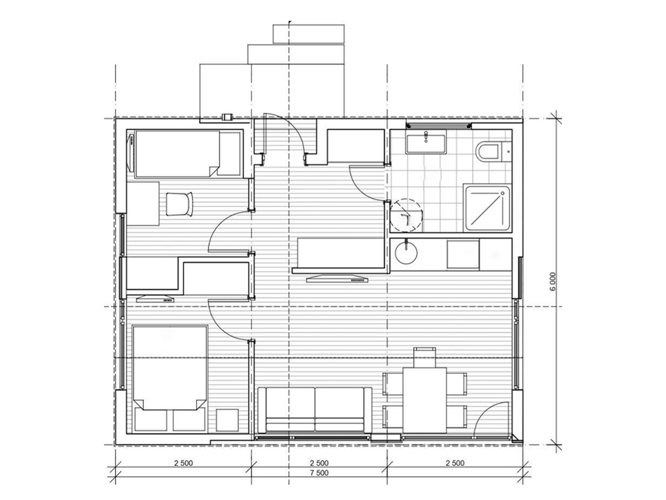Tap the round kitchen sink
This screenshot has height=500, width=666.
click(x=406, y=253)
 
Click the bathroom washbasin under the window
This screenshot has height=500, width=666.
click(x=426, y=142)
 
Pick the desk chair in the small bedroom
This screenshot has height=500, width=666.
click(x=179, y=204)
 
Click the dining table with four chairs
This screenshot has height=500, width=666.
click(x=424, y=400)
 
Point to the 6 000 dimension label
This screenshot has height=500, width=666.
click(x=553, y=281)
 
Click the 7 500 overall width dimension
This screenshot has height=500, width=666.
click(x=319, y=473)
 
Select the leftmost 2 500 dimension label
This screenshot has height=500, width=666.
click(x=183, y=463)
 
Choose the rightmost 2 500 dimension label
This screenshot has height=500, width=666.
click(x=455, y=463)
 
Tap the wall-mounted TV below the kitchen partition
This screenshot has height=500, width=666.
click(x=337, y=279)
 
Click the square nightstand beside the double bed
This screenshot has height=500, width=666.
click(x=227, y=420)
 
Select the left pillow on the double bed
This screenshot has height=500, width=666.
click(x=151, y=419)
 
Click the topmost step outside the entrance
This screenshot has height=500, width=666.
click(x=309, y=34)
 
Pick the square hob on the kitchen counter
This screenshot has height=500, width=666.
click(x=463, y=255)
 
